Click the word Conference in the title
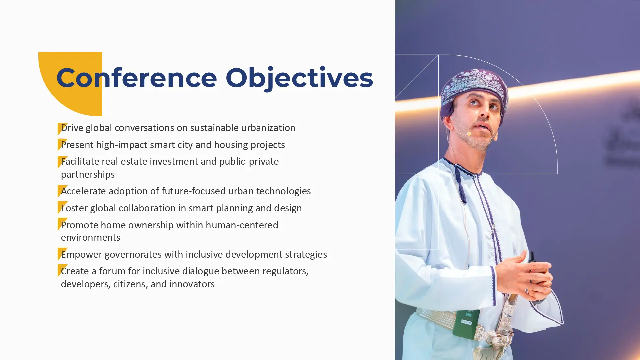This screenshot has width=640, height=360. click(137, 78)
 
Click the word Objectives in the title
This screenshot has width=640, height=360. click(299, 79)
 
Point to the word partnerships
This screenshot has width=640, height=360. click(88, 174)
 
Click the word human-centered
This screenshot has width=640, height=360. click(242, 225)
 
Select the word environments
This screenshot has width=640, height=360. click(90, 237)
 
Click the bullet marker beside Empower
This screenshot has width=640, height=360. click(62, 254)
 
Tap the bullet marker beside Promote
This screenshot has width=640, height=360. click(62, 224)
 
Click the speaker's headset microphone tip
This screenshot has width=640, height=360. click(469, 134)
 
